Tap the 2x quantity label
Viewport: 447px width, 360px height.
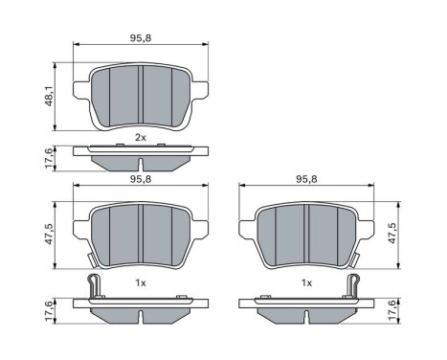pyautogui.click(x=140, y=137)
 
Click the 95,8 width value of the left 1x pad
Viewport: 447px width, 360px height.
pyautogui.click(x=140, y=178)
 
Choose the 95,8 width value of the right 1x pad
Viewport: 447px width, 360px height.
pyautogui.click(x=306, y=178)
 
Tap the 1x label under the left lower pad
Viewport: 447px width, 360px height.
pyautogui.click(x=140, y=283)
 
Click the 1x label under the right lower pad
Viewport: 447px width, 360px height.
pyautogui.click(x=306, y=283)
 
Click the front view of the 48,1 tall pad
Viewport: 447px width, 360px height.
pyautogui.click(x=141, y=94)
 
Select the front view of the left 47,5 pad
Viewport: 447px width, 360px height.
pyautogui.click(x=141, y=235)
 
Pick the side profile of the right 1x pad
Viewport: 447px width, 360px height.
pyautogui.click(x=308, y=308)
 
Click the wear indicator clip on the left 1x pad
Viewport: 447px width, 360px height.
pyautogui.click(x=94, y=285)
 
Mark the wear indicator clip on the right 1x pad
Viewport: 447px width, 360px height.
pyautogui.click(x=353, y=285)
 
